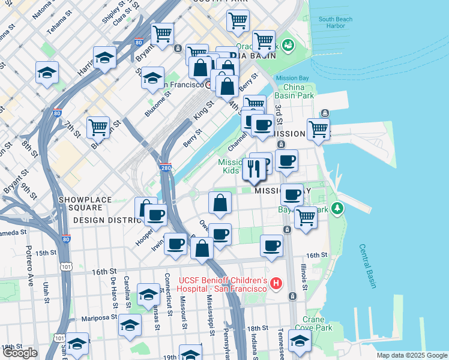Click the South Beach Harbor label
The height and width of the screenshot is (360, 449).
(x=336, y=23)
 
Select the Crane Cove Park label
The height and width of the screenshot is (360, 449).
(x=318, y=324)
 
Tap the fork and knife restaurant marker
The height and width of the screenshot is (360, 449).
(x=253, y=169)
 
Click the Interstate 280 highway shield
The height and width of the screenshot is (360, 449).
(x=166, y=169)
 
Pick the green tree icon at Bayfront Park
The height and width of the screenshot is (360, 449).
(x=338, y=208)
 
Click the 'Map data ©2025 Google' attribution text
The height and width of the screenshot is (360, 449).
(x=411, y=355)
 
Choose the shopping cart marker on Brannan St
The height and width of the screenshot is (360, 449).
(x=98, y=127)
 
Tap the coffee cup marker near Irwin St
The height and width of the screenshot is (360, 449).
(x=175, y=244)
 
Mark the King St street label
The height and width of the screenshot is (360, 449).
(x=203, y=109)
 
